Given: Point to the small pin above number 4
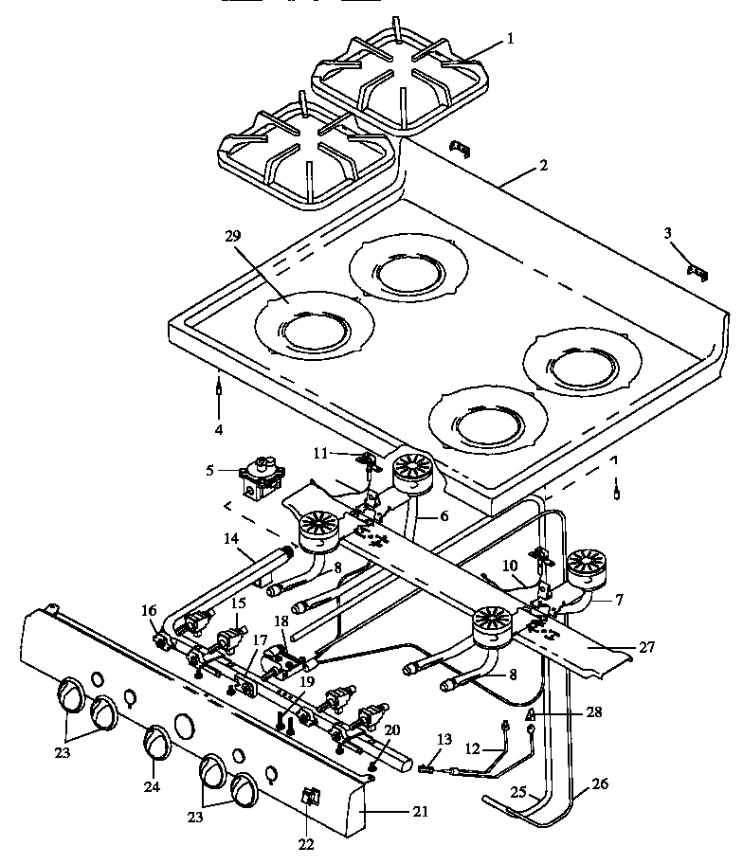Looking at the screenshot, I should (x=220, y=387).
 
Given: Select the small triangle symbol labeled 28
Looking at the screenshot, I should (x=533, y=713).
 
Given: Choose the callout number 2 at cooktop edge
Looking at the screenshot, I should (x=542, y=165).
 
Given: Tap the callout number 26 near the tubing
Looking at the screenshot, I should (x=601, y=783).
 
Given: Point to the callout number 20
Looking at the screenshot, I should (x=392, y=729).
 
